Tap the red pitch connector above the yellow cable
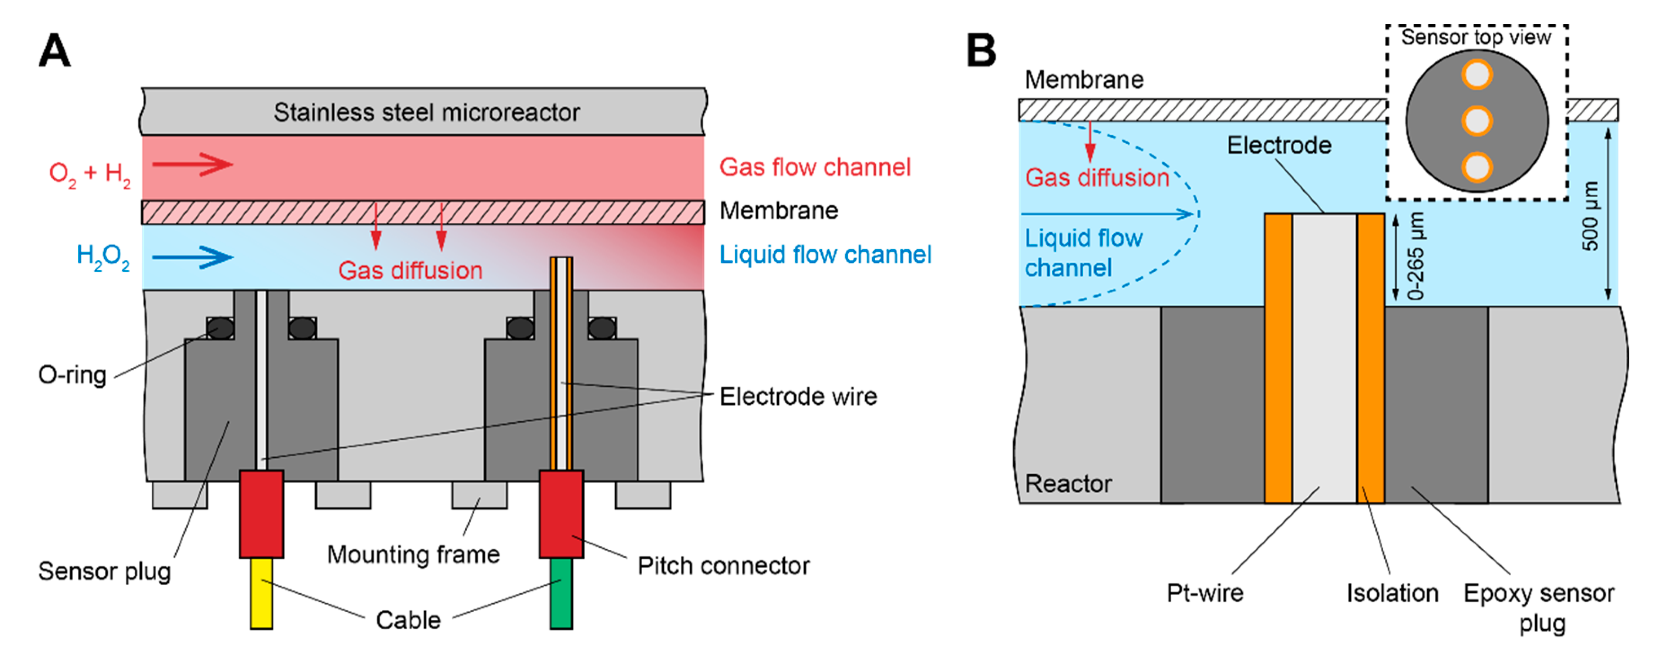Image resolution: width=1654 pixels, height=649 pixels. (261, 513)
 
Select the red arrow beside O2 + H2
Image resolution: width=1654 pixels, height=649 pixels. (193, 164)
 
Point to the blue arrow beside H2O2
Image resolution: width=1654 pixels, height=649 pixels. (193, 257)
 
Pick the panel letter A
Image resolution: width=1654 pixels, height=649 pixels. (55, 51)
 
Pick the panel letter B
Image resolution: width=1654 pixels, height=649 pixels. (981, 51)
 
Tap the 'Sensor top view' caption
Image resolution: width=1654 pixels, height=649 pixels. (1476, 37)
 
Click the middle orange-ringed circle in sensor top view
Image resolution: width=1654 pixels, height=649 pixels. (1477, 121)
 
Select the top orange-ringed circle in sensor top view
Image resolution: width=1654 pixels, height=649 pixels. (1477, 75)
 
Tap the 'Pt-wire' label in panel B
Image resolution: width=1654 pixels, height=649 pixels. (1204, 592)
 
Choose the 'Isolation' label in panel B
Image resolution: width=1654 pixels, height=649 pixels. (1392, 592)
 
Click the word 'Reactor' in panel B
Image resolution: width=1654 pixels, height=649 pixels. (1068, 483)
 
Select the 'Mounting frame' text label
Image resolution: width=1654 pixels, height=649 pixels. (413, 554)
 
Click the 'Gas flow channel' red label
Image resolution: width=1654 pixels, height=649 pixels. (815, 167)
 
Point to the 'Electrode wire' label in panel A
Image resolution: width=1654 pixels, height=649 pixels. (798, 396)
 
